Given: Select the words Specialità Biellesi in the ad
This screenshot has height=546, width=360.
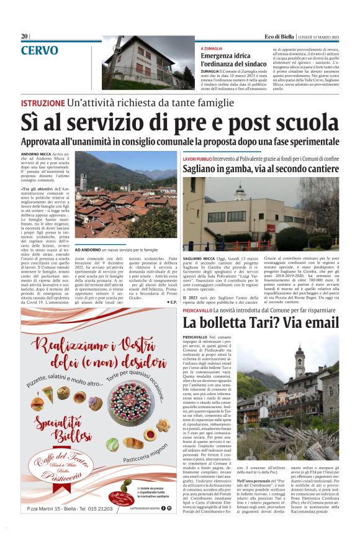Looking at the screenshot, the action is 62,429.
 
